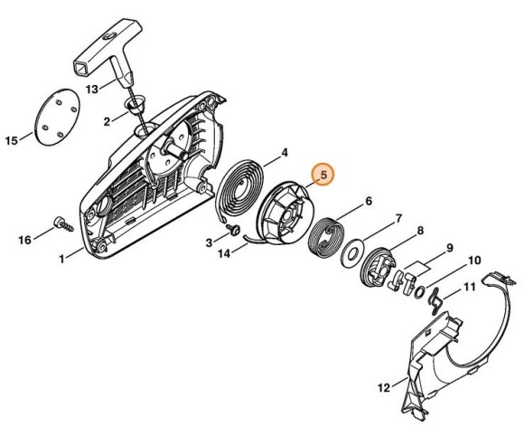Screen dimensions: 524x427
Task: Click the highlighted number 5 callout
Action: coord(323,174)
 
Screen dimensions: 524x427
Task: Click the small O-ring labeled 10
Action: coord(419,292)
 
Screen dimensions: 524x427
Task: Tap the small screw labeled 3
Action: coord(234,229)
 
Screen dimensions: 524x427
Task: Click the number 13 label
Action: coord(92,89)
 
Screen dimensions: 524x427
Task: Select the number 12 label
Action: coord(384,387)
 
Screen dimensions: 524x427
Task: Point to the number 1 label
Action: coord(61,259)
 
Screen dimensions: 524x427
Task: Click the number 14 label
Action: coord(224,254)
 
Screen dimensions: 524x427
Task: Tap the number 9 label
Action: coord(450,248)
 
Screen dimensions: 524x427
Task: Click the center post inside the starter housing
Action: coord(175,149)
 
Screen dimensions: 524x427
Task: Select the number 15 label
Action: coord(12,140)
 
